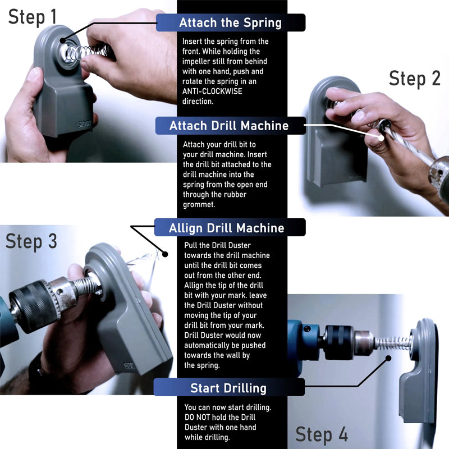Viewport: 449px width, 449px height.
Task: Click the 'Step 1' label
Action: tap(33, 17)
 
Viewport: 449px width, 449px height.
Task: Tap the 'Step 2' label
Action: tap(414, 78)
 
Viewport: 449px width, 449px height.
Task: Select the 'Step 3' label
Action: tap(31, 241)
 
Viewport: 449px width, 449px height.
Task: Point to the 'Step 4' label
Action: tap(322, 434)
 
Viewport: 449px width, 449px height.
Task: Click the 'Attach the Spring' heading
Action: tap(230, 22)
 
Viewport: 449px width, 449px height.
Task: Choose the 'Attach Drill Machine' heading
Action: tap(229, 126)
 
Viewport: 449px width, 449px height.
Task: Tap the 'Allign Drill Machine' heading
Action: tap(227, 228)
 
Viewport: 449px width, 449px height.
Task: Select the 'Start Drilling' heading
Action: tap(228, 388)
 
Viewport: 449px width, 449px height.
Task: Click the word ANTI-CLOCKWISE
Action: tap(212, 91)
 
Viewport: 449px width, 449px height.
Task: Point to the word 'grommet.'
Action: tap(199, 205)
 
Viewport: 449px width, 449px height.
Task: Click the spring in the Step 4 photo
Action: tap(393, 343)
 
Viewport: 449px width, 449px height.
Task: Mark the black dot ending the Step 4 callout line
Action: tap(388, 358)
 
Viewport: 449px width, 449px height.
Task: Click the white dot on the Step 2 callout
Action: tap(381, 138)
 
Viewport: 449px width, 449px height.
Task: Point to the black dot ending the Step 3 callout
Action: tap(165, 254)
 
